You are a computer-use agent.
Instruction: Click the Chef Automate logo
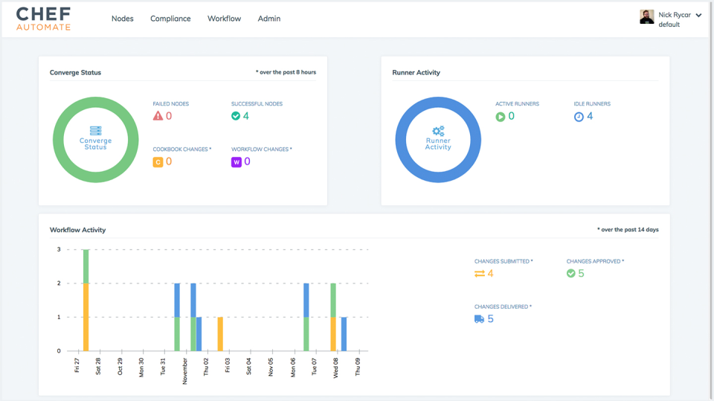(x=43, y=19)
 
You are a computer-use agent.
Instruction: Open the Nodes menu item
(x=122, y=19)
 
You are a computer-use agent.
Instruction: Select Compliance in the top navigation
(x=170, y=19)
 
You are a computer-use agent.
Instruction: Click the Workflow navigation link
(x=224, y=19)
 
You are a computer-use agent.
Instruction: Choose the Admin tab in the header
(x=268, y=19)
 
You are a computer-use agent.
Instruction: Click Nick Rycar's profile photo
(x=646, y=17)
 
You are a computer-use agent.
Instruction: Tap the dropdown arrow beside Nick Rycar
(x=698, y=15)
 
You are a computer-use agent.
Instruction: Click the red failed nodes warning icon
(x=158, y=116)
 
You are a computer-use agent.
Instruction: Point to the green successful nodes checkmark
(x=236, y=116)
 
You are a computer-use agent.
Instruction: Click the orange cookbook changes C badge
(x=158, y=162)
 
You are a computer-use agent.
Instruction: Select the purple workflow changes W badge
(x=236, y=162)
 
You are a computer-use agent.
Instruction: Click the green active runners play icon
(x=501, y=117)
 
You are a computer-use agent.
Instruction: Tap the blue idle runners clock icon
(x=579, y=117)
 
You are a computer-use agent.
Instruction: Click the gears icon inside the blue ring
(x=438, y=131)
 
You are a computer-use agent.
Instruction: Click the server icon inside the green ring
(x=95, y=131)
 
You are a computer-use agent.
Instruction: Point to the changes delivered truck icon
(x=479, y=319)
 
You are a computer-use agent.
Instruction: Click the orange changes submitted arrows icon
(x=479, y=274)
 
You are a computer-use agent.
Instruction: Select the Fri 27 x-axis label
(x=77, y=365)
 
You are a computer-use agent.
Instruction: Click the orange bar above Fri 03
(x=220, y=333)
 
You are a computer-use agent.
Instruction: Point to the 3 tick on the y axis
(x=59, y=250)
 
